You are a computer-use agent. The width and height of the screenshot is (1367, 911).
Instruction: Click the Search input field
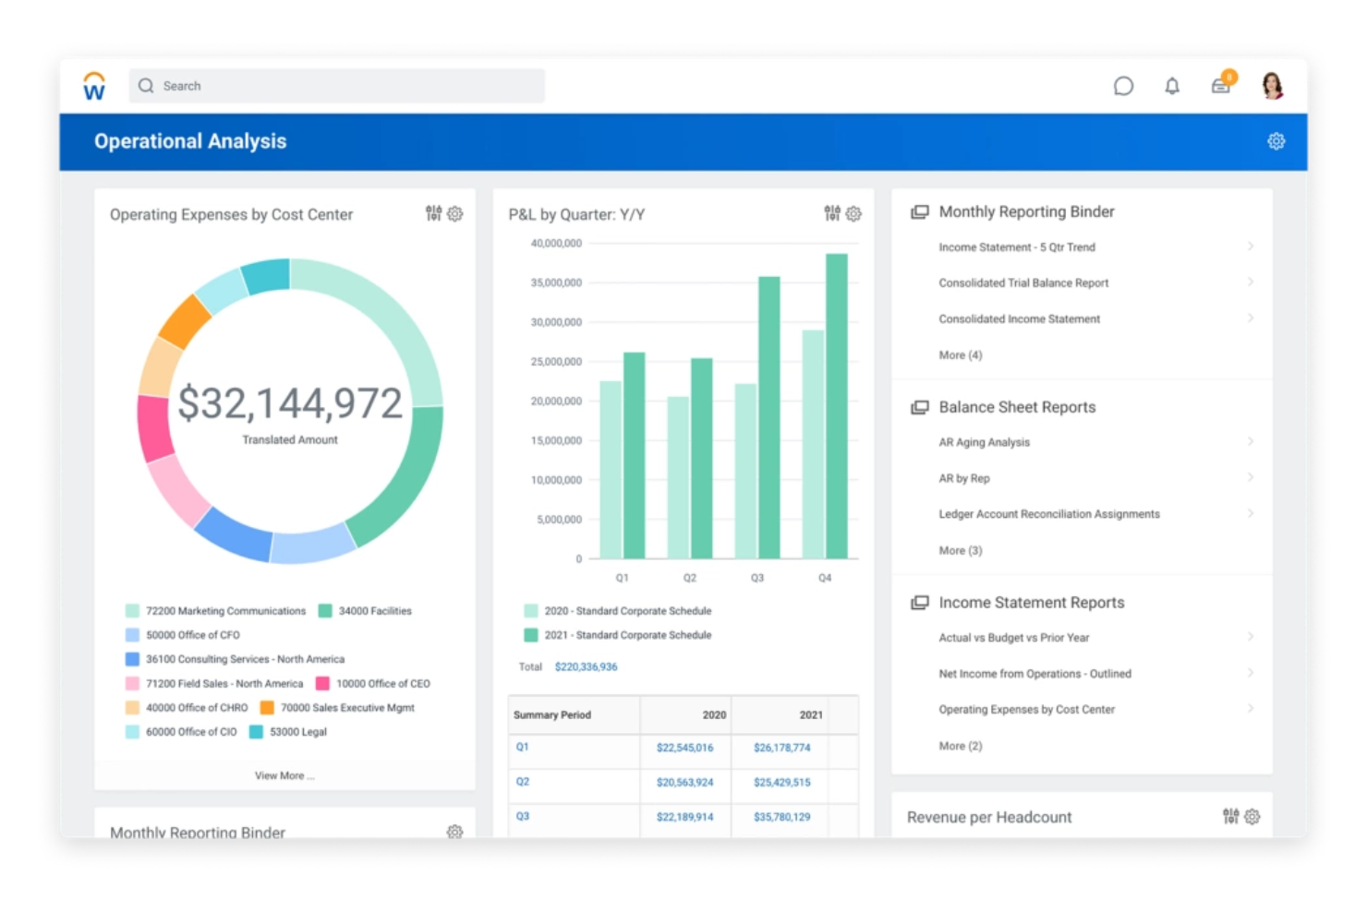click(336, 86)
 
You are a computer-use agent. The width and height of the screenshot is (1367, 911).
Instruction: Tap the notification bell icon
click(1171, 86)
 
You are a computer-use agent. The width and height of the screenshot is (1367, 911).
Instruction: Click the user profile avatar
click(1272, 86)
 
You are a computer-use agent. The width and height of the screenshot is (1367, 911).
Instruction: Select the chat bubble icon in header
click(1123, 86)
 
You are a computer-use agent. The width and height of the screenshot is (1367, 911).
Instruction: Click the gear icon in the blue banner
click(1276, 141)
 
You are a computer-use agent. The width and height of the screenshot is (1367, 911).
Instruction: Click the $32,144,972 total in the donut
click(289, 403)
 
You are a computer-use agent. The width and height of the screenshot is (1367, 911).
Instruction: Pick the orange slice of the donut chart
click(185, 321)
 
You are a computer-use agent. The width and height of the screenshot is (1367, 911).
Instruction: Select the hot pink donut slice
click(154, 427)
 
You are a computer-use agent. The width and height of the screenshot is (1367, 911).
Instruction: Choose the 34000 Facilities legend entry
click(374, 611)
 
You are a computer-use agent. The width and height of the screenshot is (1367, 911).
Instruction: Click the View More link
click(284, 775)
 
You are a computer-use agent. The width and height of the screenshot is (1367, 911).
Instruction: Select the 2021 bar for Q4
click(836, 406)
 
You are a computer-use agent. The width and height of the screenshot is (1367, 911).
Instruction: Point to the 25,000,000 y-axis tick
click(556, 362)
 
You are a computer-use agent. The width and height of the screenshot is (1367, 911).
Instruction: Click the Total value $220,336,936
click(586, 666)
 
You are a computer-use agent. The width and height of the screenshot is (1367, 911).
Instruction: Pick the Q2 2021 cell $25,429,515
click(781, 782)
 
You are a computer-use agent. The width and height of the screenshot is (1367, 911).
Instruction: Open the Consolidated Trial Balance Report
click(1022, 283)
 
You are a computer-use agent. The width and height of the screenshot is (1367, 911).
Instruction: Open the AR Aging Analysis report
click(984, 442)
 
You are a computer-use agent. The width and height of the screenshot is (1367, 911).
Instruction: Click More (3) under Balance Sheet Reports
click(960, 550)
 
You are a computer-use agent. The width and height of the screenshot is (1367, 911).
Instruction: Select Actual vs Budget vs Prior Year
click(1013, 638)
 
